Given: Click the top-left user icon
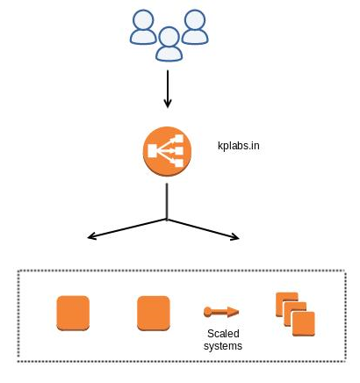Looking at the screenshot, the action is coord(143,27).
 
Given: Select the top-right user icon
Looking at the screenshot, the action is coord(195,27).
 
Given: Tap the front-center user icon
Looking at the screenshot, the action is coord(169,44).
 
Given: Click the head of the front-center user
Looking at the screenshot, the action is coord(169,36).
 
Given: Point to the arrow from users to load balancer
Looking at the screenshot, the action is coord(168,89).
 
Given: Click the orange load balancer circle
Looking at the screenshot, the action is coord(167,151).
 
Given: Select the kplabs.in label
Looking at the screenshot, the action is coord(239,146).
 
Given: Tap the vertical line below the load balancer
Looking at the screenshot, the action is coord(167,201).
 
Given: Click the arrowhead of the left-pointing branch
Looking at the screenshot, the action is coord(91,236).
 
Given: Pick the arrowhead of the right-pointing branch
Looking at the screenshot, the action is coord(235,237).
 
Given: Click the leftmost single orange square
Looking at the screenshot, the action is coord(73,314).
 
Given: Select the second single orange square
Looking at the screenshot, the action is coord(154,314).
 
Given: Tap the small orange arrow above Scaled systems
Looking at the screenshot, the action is coord(221,312).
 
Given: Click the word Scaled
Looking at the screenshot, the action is coord(223,334).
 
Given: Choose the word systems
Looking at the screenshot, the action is coord(223,346).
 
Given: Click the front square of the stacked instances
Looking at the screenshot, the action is coord(304,324).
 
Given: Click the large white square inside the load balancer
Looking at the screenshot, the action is coord(153,151).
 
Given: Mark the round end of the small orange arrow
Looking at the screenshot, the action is coord(207,312).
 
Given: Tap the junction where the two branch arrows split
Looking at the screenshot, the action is coord(167,220).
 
